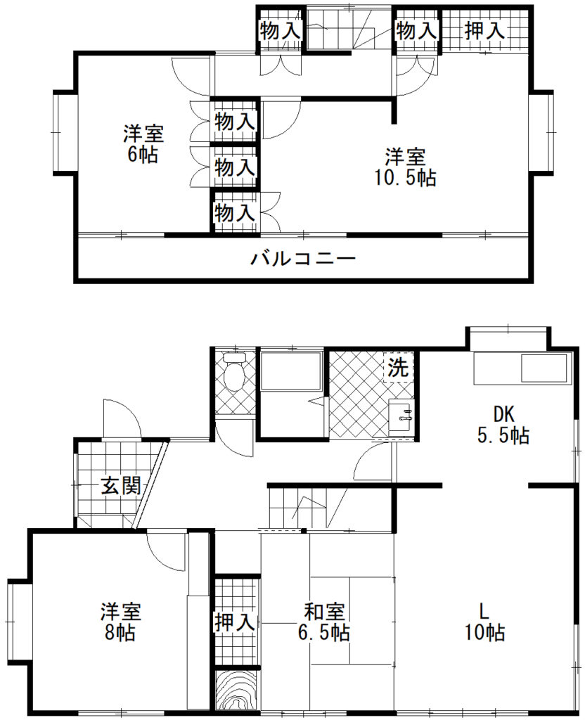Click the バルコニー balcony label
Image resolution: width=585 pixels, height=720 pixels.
pyautogui.click(x=304, y=259)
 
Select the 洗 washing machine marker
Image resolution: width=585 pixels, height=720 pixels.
pyautogui.click(x=399, y=367)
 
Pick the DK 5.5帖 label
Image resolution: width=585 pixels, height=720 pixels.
pyautogui.click(x=503, y=425)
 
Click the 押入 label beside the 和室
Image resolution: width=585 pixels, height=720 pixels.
pyautogui.click(x=234, y=622)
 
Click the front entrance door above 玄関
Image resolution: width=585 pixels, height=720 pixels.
pyautogui.click(x=120, y=419)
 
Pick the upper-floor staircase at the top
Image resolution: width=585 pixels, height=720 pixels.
pyautogui.click(x=348, y=28)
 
